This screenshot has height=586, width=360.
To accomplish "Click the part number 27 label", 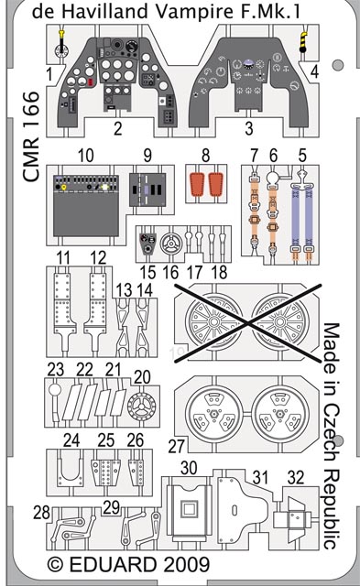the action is pyautogui.click(x=176, y=447).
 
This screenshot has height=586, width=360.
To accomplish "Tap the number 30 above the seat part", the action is pyautogui.click(x=189, y=468).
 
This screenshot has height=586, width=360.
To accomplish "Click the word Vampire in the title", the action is pyautogui.click(x=194, y=12).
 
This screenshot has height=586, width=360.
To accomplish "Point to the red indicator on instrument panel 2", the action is pyautogui.click(x=90, y=83).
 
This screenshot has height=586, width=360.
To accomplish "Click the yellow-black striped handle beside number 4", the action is pyautogui.click(x=303, y=41).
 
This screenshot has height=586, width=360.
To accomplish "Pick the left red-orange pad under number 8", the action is pyautogui.click(x=196, y=184).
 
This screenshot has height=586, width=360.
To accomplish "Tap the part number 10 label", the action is pyautogui.click(x=85, y=156).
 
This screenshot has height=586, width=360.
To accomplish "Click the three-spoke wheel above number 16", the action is pyautogui.click(x=171, y=244).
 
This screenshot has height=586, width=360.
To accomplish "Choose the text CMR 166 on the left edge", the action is pyautogui.click(x=31, y=136).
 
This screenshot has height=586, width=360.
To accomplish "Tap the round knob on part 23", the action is pyautogui.click(x=55, y=390).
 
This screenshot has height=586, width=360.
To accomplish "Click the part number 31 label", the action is pyautogui.click(x=260, y=478).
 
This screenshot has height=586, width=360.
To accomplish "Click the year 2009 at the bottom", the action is pyautogui.click(x=186, y=565).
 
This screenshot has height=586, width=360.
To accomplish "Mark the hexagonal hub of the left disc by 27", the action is pyautogui.click(x=213, y=414).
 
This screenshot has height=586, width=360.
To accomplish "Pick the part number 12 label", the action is pyautogui.click(x=98, y=258).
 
